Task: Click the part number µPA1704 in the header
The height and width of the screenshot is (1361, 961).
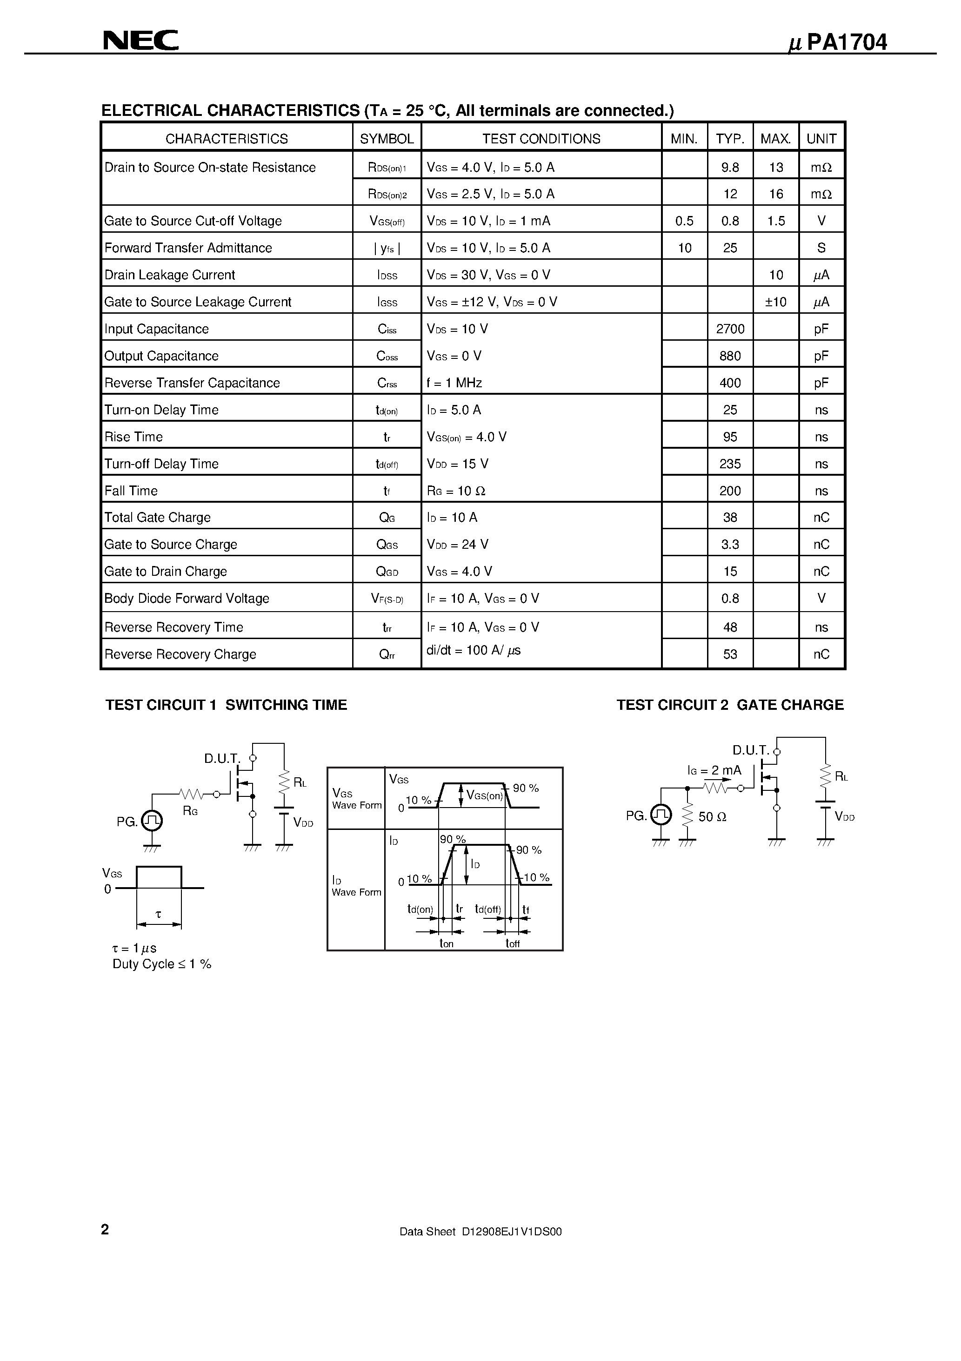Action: click(838, 43)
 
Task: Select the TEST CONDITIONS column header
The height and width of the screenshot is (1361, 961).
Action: click(541, 139)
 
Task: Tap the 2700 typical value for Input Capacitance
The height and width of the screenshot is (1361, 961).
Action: click(730, 329)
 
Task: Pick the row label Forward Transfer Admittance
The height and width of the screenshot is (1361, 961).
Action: click(188, 248)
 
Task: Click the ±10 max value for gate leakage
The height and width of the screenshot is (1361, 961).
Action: click(775, 302)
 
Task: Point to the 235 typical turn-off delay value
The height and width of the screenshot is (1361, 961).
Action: click(730, 464)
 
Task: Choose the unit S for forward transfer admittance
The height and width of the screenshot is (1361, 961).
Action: click(821, 248)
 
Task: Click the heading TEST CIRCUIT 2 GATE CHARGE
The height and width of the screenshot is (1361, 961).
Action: click(730, 705)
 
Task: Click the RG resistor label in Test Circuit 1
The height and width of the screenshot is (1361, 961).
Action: click(190, 811)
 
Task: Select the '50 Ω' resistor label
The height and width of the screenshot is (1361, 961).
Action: click(712, 817)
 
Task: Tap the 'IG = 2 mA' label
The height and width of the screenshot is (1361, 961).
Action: click(714, 771)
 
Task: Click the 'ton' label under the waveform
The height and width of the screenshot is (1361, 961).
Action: click(446, 943)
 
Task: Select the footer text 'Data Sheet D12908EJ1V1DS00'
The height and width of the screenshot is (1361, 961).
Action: click(480, 1232)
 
